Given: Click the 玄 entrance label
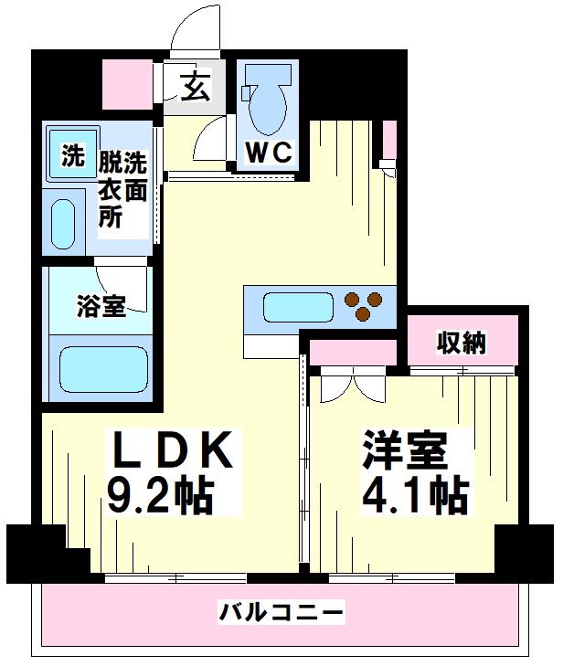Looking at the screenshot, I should [x=196, y=89].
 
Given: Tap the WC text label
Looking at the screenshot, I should [x=267, y=153].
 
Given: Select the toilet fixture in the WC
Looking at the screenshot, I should [x=268, y=105].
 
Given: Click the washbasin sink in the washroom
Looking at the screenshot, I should [x=62, y=224].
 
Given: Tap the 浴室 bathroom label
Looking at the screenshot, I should [x=101, y=307].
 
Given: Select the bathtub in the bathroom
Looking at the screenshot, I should [x=100, y=369].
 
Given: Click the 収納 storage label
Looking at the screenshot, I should [x=461, y=343].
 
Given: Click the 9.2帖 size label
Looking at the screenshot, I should [x=161, y=496].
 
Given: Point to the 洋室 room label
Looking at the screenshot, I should [x=404, y=449].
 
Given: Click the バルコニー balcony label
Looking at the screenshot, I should [x=281, y=611].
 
